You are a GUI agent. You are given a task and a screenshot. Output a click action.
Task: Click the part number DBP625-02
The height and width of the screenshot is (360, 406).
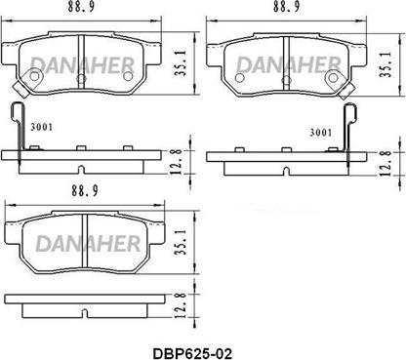coord(192,353)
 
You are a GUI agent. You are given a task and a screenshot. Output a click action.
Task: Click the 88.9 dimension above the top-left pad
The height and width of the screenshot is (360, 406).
coord(81,7)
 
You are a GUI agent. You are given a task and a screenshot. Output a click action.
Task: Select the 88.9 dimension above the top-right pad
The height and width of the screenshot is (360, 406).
coord(287,7)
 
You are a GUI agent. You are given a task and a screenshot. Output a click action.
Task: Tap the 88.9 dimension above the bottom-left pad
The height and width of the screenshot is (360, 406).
coord(85,191)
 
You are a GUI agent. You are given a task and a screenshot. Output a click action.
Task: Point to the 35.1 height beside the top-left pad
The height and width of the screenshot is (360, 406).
coord(180,63)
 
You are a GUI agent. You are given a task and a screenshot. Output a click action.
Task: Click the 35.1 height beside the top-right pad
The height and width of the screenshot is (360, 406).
coord(386,64)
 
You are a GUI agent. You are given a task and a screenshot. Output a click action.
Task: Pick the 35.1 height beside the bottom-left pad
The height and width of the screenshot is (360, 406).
coord(181,242)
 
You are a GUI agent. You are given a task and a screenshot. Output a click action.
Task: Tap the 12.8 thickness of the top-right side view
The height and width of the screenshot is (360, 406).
coord(386,163)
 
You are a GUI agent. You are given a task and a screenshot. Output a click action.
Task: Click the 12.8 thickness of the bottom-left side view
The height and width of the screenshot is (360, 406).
coord(180,305)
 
